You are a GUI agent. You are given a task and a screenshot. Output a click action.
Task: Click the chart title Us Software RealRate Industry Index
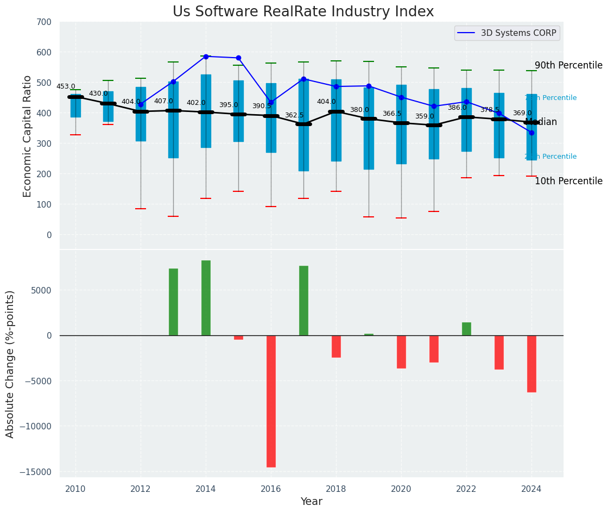point(303,12)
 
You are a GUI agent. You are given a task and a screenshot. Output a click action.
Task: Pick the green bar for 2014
point(206,298)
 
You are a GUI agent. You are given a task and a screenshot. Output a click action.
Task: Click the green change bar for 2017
point(303,301)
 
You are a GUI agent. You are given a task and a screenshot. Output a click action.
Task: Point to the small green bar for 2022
point(466,329)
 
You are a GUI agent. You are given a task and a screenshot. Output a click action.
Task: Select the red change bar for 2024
point(531,364)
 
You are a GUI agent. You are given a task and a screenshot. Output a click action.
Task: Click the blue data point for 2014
point(206,57)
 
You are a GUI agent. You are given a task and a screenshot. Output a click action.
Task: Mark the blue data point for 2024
point(531,133)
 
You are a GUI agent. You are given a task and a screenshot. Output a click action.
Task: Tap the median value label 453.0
point(66,86)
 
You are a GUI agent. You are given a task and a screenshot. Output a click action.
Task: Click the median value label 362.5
point(294,115)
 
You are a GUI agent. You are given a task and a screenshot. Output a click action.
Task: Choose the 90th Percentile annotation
point(568,65)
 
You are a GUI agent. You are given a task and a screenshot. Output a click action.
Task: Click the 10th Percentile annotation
point(568,181)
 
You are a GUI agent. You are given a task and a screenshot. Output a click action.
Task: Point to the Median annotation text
point(541,122)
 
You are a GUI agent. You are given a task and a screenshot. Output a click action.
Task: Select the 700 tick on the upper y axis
point(45,22)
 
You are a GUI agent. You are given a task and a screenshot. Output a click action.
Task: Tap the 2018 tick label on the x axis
point(336,489)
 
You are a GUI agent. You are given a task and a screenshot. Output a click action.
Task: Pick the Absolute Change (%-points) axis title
point(10,364)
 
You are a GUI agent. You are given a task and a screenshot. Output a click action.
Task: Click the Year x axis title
point(311,502)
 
